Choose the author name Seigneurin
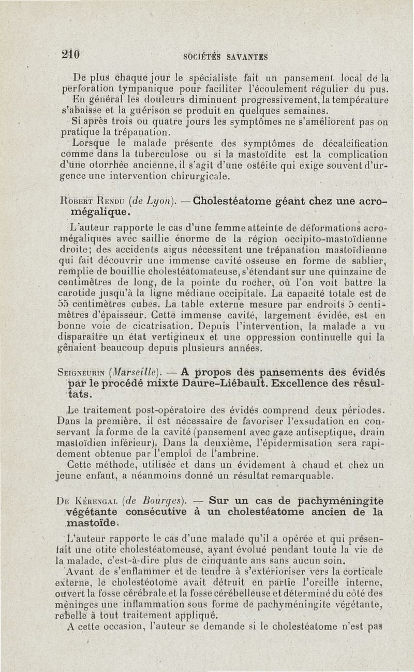tap(81, 372)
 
